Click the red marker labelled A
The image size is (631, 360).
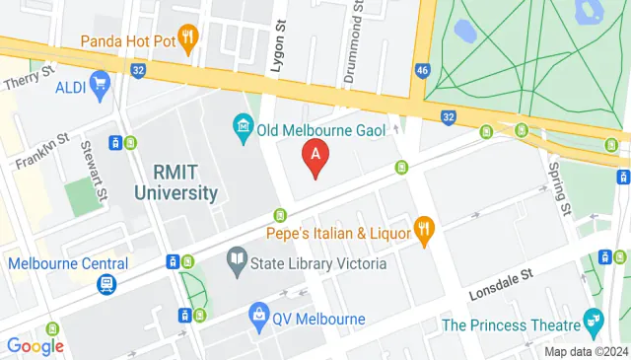pyautogui.click(x=315, y=156)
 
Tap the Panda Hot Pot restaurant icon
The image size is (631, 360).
pyautogui.click(x=188, y=37)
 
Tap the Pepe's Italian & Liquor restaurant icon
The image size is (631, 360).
pyautogui.click(x=425, y=232)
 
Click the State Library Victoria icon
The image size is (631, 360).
pyautogui.click(x=237, y=262)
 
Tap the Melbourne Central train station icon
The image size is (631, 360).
pyautogui.click(x=105, y=284)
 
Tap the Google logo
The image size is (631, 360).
pyautogui.click(x=35, y=345)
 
